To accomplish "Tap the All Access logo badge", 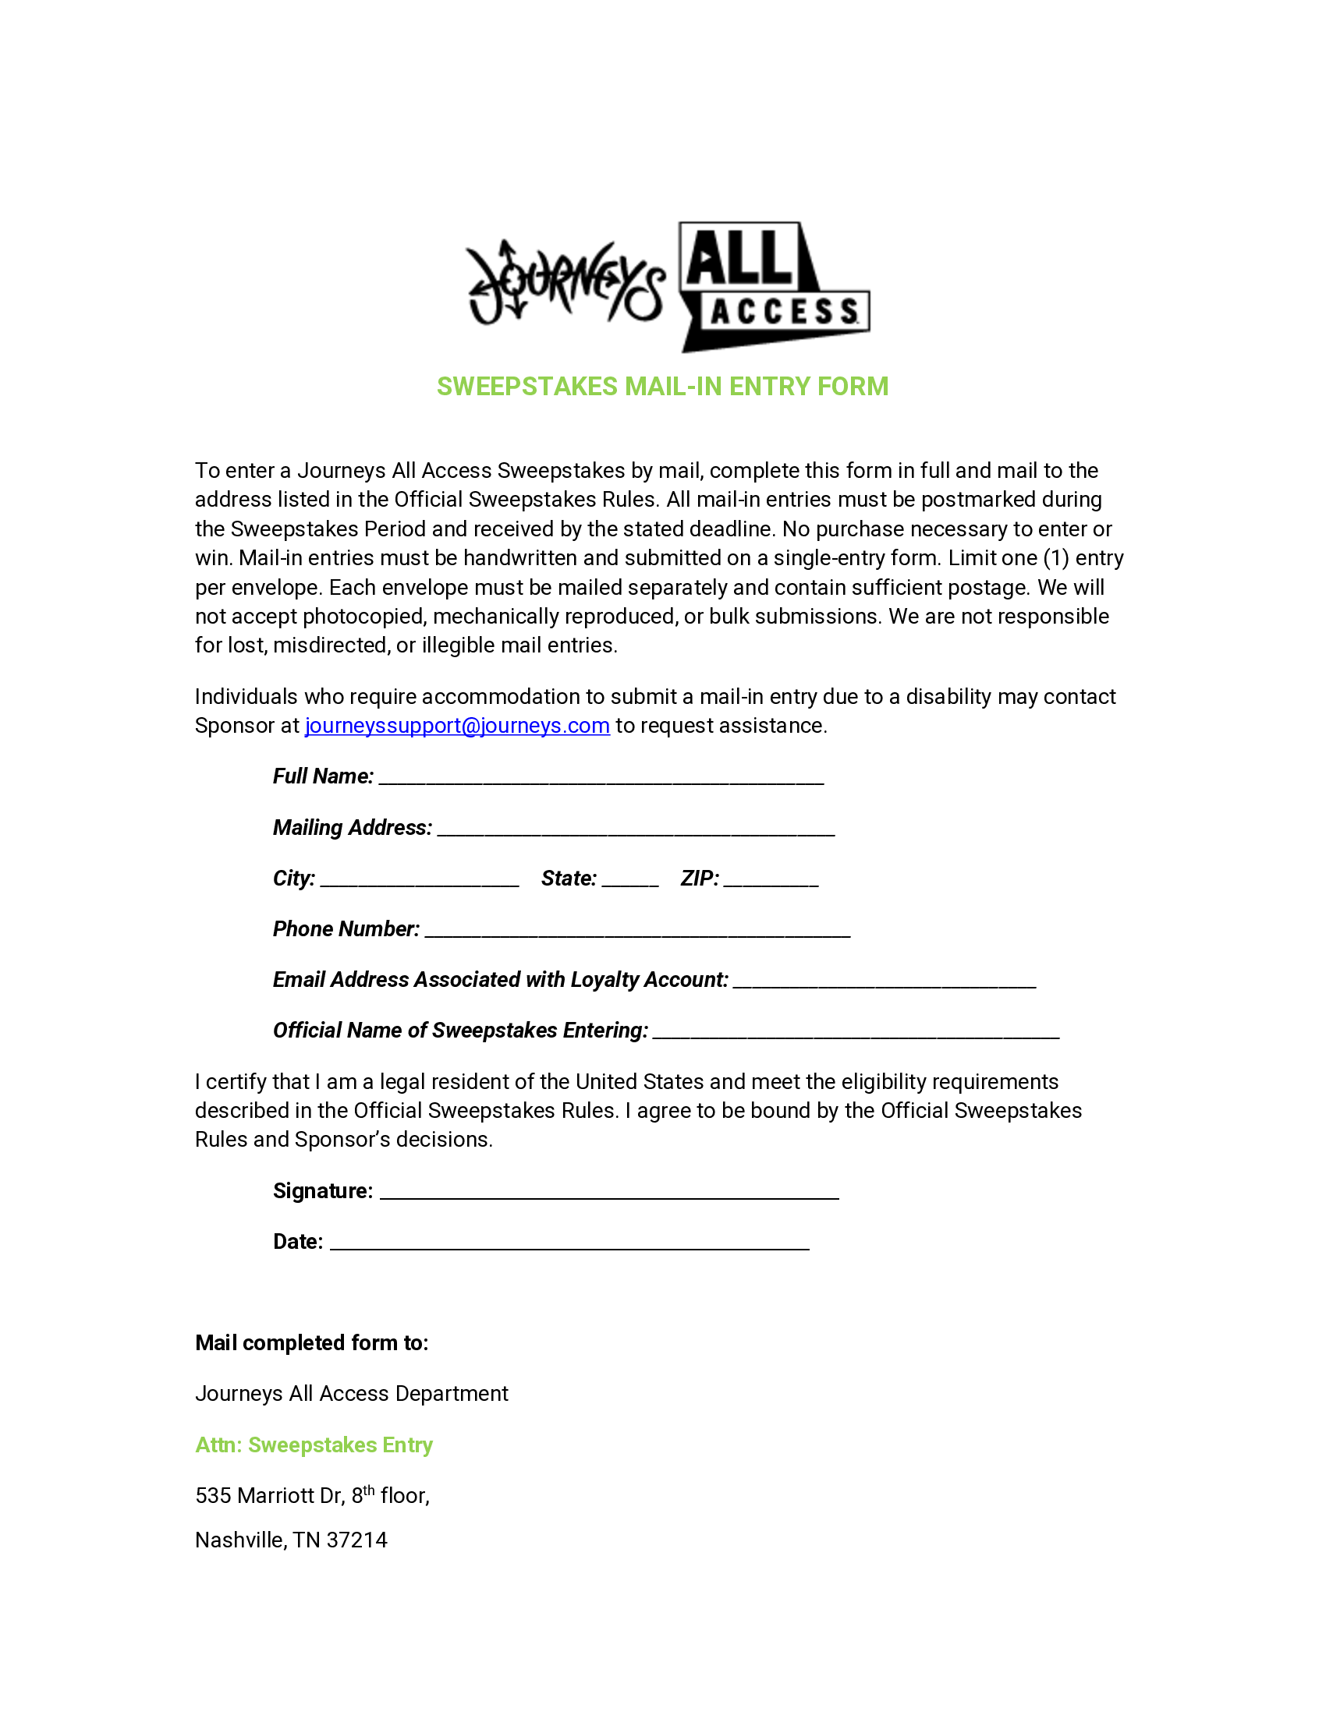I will click(775, 287).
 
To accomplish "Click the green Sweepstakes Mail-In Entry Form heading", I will click(662, 387).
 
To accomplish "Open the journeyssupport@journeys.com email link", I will click(457, 726).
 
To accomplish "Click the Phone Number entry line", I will click(637, 932).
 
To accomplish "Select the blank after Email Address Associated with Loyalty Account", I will click(884, 982).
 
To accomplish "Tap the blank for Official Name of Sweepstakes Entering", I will click(856, 1034).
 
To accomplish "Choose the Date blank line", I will click(569, 1244).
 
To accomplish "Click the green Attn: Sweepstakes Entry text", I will click(314, 1444).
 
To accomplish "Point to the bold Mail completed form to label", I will click(312, 1343).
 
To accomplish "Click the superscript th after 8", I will click(368, 1490).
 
